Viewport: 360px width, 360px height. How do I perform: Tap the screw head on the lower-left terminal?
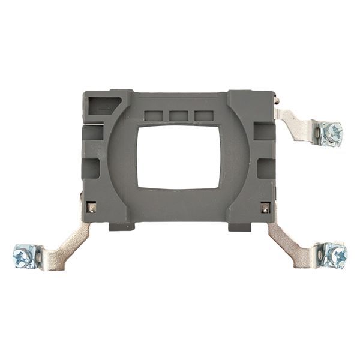(x=22, y=257)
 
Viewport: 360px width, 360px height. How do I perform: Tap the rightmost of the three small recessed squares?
(x=204, y=115)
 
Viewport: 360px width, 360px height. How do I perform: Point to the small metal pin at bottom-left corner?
(x=91, y=208)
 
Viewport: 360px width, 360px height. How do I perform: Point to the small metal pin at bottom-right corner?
(x=265, y=208)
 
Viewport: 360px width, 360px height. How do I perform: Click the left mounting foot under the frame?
(x=122, y=227)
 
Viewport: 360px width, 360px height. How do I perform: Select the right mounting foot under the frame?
(x=240, y=227)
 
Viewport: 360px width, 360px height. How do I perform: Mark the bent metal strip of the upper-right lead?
(x=298, y=125)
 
